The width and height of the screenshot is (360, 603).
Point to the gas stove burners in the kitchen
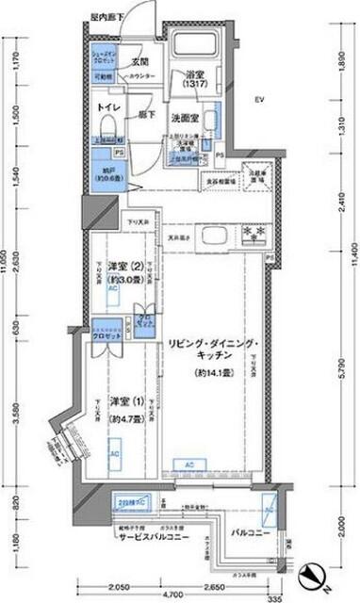pos(251,232)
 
